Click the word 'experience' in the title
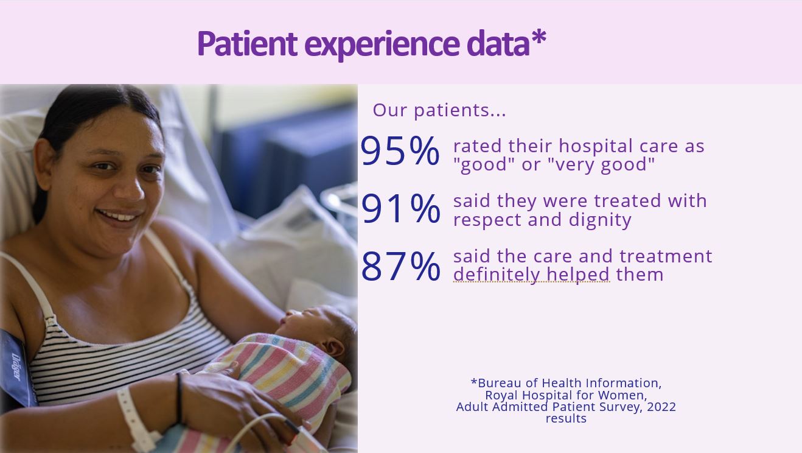click(382, 44)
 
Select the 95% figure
click(400, 150)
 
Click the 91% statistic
click(400, 208)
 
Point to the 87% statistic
click(400, 266)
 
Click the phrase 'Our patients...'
click(439, 110)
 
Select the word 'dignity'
click(600, 220)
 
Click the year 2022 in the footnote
click(661, 407)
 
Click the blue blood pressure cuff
click(16, 369)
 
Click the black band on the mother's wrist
click(179, 398)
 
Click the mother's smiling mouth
click(119, 217)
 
